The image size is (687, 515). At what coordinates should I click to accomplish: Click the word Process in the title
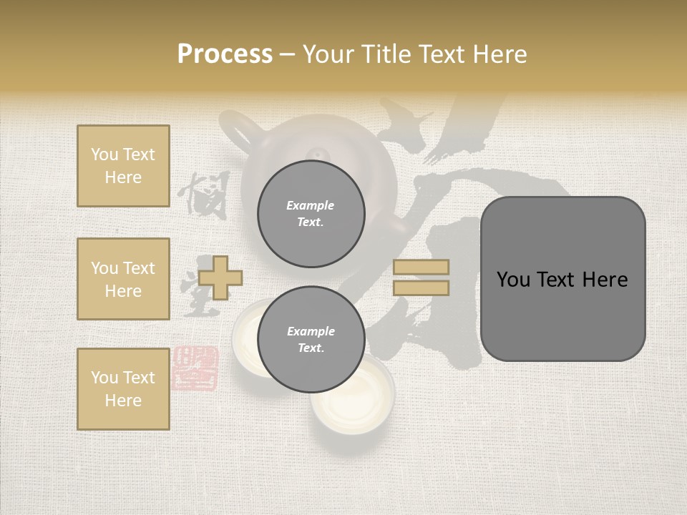pyautogui.click(x=225, y=54)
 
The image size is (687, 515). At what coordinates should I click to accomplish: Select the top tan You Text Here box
pyautogui.click(x=123, y=166)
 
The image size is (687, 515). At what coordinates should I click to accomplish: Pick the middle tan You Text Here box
pyautogui.click(x=123, y=279)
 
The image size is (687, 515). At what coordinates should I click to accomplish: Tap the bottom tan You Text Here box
pyautogui.click(x=123, y=389)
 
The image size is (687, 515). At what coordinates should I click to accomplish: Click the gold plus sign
pyautogui.click(x=220, y=278)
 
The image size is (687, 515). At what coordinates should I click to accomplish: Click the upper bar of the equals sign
pyautogui.click(x=421, y=267)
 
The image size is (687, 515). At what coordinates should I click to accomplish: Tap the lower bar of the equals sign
pyautogui.click(x=421, y=288)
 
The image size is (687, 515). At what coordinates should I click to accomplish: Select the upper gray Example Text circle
pyautogui.click(x=311, y=214)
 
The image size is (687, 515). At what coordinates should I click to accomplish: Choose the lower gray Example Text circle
pyautogui.click(x=311, y=340)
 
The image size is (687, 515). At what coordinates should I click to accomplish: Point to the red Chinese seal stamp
pyautogui.click(x=195, y=368)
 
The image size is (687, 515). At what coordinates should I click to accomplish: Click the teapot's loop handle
pyautogui.click(x=236, y=132)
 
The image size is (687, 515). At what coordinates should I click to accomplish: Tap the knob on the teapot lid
pyautogui.click(x=316, y=154)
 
